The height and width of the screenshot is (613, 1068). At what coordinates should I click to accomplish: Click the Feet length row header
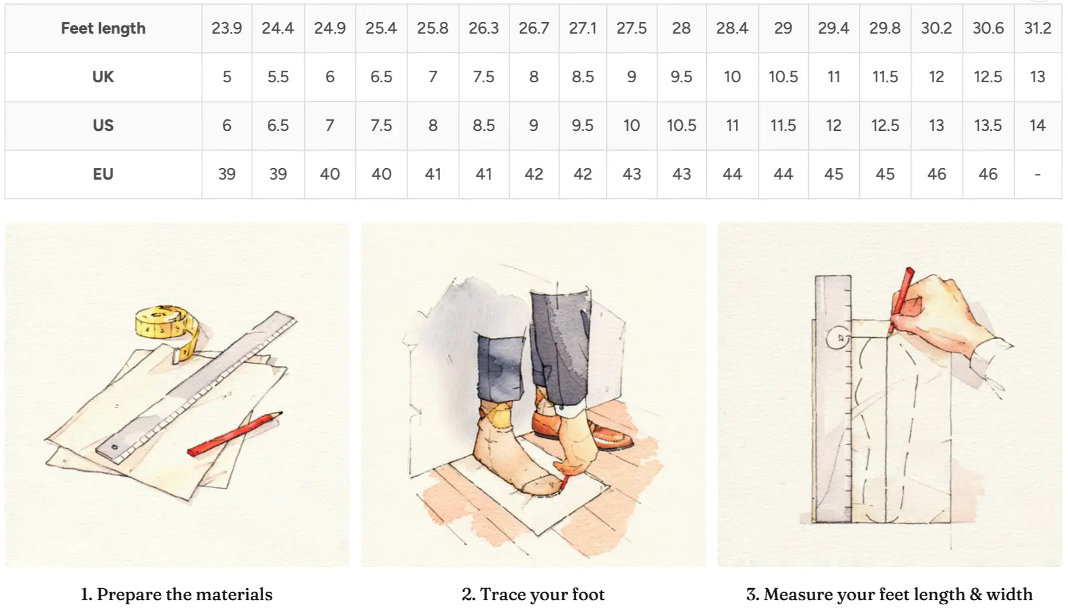tap(103, 28)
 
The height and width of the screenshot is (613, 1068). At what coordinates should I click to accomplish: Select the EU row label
tap(103, 174)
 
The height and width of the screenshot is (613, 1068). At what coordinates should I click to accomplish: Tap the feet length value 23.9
tap(227, 28)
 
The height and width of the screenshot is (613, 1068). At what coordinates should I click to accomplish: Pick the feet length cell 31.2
tap(1037, 28)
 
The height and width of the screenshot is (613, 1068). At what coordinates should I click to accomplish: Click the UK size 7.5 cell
tap(484, 77)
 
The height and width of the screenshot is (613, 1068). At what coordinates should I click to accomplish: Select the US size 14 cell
tap(1037, 126)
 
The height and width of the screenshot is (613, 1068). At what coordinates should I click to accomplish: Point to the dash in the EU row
tap(1037, 174)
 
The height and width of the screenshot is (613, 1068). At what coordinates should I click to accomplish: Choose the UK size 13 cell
tap(1037, 77)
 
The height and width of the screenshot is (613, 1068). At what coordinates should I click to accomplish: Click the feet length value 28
tap(681, 28)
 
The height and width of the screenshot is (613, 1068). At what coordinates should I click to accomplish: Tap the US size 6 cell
tap(227, 126)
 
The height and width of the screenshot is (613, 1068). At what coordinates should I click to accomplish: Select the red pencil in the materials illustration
tap(234, 434)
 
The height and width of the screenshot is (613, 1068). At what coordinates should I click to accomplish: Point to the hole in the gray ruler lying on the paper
tap(114, 447)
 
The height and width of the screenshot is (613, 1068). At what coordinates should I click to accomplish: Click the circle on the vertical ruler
tap(837, 337)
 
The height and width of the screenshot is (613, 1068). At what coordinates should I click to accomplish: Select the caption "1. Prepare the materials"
tap(176, 594)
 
